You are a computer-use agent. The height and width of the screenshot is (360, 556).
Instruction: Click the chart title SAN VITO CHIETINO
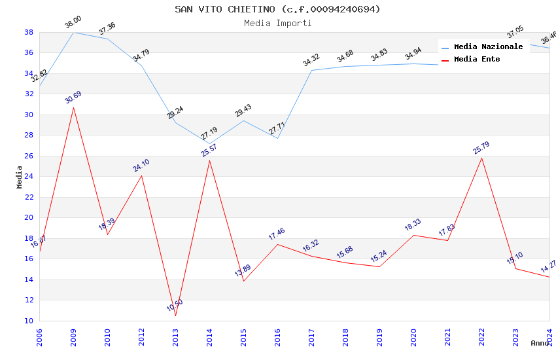pyautogui.click(x=277, y=9)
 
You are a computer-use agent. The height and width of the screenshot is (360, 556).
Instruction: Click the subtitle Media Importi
pyautogui.click(x=277, y=23)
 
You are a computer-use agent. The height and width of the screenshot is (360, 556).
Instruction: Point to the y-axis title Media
pyautogui.click(x=20, y=177)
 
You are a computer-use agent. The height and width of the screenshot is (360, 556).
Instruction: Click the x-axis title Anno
pyautogui.click(x=540, y=343)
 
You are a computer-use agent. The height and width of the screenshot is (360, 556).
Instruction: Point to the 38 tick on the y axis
pyautogui.click(x=29, y=32)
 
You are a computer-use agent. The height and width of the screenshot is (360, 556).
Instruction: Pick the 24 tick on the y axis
pyautogui.click(x=29, y=177)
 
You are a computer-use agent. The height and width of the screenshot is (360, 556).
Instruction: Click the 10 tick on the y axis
pyautogui.click(x=29, y=321)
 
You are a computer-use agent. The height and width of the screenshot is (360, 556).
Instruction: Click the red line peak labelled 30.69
pyautogui.click(x=73, y=107)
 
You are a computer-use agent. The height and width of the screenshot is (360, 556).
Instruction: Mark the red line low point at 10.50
pyautogui.click(x=175, y=315)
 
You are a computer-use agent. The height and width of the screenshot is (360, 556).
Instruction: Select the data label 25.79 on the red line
pyautogui.click(x=481, y=149)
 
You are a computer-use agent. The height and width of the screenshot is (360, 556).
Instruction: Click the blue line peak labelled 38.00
pyautogui.click(x=73, y=32)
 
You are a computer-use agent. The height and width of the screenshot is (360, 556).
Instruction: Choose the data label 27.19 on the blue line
pyautogui.click(x=209, y=134)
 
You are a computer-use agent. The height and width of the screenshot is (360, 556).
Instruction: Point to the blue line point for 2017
pyautogui.click(x=311, y=70)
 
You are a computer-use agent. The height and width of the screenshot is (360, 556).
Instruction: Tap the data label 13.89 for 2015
pyautogui.click(x=243, y=271)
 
